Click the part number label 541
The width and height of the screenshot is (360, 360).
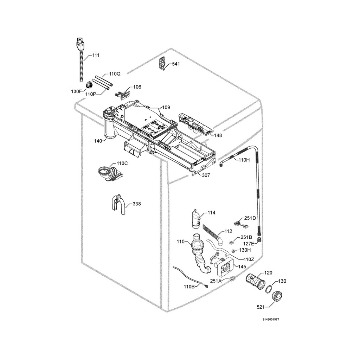[176, 64]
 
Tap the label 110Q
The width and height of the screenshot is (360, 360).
[115, 74]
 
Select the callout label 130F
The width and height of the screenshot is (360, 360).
[76, 91]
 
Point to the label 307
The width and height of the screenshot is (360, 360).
[206, 175]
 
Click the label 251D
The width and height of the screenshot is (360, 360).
[250, 218]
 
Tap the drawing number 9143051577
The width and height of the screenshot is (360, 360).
[271, 320]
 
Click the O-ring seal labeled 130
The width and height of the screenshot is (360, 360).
[269, 289]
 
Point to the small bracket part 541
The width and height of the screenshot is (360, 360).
[163, 63]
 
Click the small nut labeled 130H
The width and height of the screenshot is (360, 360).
[233, 251]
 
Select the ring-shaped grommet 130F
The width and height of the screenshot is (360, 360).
[89, 84]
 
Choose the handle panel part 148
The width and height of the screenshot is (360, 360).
[195, 124]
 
